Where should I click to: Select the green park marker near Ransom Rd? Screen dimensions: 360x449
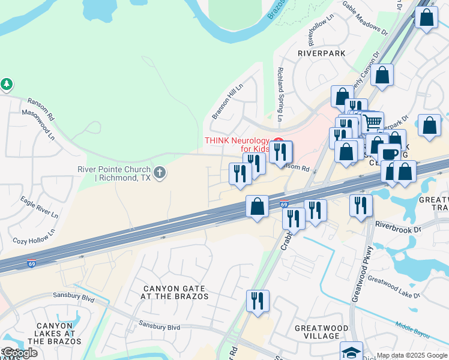[7, 85]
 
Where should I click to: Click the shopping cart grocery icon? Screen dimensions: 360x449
[373, 122]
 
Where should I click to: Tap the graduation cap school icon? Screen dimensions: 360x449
[351, 352]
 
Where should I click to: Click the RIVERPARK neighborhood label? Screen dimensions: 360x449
[322, 53]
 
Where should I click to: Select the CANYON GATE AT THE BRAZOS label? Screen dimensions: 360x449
[175, 292]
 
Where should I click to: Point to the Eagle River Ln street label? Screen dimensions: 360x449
[39, 206]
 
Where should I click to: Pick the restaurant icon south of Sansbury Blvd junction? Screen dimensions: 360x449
[258, 301]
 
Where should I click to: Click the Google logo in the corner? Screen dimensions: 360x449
[19, 353]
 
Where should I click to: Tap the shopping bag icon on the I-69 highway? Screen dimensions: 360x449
[257, 206]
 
